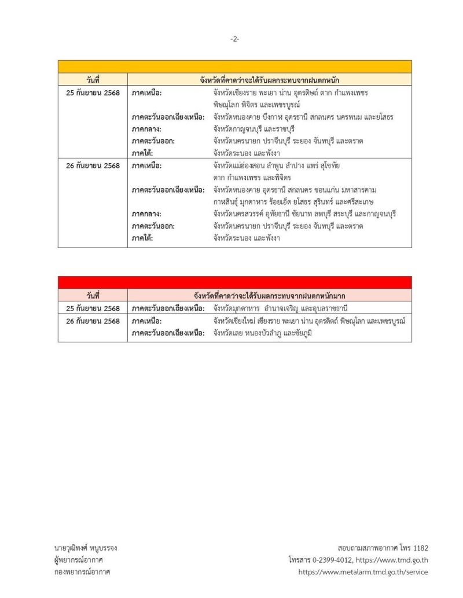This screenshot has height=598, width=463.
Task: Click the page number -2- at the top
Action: coord(234,39)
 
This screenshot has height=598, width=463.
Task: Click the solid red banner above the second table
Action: coord(234,282)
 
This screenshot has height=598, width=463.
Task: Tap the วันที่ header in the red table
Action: coord(93,296)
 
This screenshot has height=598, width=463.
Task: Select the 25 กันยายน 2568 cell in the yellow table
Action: coord(93,93)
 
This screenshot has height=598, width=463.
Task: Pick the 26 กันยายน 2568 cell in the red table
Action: coord(93,321)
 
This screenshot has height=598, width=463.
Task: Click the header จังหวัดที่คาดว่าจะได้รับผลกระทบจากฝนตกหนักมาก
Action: coord(270,296)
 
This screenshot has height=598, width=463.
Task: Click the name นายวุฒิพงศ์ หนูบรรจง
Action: coord(86,548)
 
